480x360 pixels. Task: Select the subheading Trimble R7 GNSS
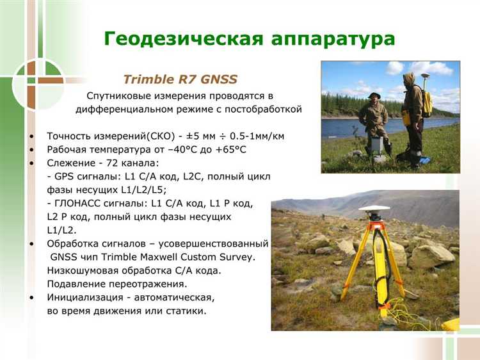pos(180,79)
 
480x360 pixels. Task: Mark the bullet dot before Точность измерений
pos(31,137)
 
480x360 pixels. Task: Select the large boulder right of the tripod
pos(431,256)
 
